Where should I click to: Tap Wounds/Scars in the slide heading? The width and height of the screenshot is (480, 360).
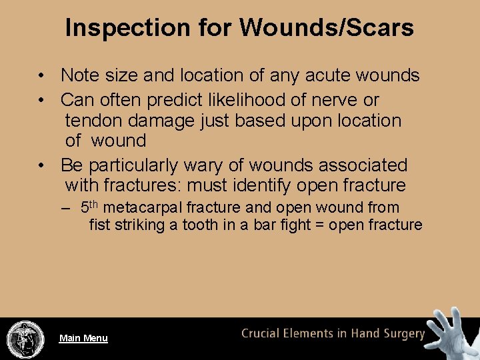[x=327, y=28]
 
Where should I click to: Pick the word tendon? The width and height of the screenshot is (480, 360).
[x=93, y=121]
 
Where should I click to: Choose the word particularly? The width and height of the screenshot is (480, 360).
[x=136, y=165]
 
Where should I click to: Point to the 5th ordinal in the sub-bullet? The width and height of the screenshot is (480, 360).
[x=90, y=207]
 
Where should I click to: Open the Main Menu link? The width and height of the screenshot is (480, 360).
[x=83, y=338]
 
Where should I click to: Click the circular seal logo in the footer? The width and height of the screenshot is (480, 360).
[x=25, y=338]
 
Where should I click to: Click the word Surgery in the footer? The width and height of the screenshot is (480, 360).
[x=402, y=333]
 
